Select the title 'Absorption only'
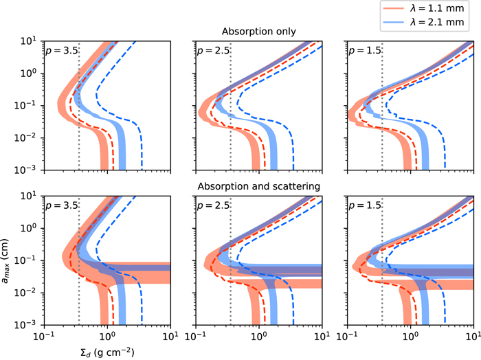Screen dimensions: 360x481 258,32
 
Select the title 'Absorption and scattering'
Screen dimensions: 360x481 258,186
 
